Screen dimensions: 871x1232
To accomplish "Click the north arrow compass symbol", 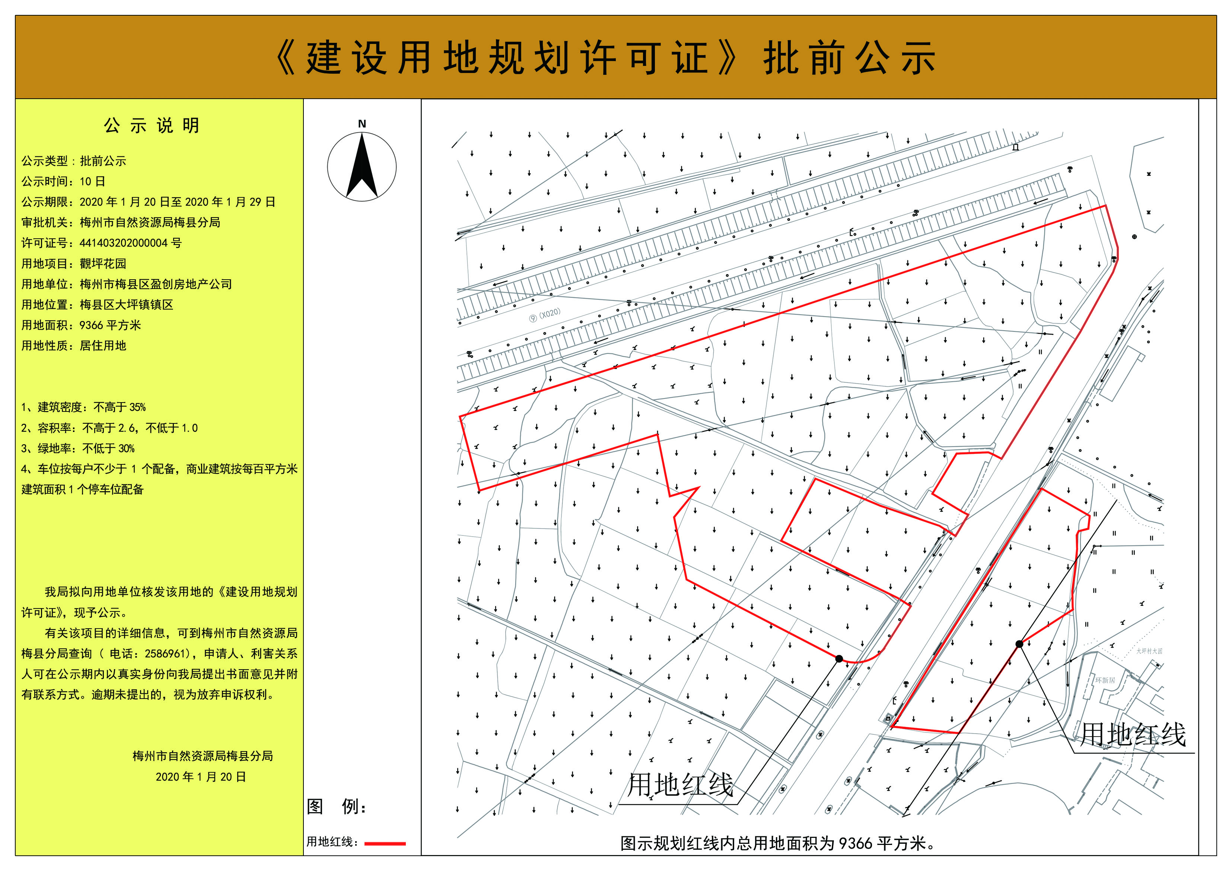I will (x=362, y=167).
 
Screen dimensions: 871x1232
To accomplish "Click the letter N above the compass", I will (x=362, y=124).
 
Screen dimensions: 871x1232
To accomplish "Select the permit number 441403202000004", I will (x=124, y=243).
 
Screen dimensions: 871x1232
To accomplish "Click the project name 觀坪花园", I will (x=103, y=264).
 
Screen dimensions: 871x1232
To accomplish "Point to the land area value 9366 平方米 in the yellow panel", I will (x=110, y=325).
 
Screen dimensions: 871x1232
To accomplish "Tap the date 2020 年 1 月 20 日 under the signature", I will (x=201, y=776).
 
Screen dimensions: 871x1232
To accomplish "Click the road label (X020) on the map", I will (x=550, y=314).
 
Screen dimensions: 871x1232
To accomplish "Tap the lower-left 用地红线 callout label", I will (x=680, y=785).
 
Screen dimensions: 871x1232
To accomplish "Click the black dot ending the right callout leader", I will (x=1019, y=644).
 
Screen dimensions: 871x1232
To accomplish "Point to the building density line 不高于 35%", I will (x=119, y=407).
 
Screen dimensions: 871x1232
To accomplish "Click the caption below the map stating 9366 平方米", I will (x=777, y=843).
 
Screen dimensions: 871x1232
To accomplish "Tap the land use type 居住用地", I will (x=103, y=346).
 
